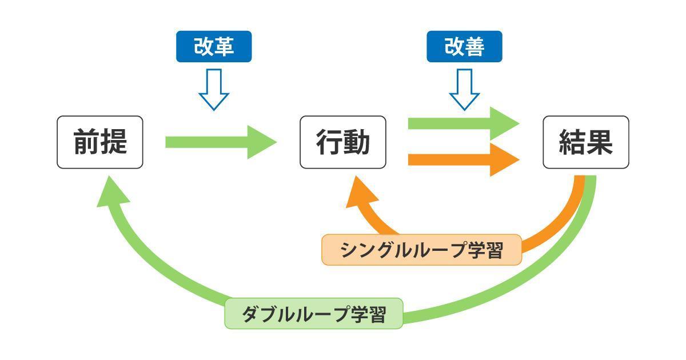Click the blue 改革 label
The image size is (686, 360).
click(x=213, y=46)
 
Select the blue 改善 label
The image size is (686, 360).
click(x=464, y=46)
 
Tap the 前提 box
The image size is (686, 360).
click(x=100, y=142)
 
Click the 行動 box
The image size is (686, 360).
click(x=343, y=142)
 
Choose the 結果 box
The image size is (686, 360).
click(x=585, y=142)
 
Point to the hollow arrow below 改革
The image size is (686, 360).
click(x=213, y=89)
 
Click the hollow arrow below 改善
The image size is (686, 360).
click(x=464, y=89)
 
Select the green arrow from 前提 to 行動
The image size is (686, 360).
click(x=220, y=142)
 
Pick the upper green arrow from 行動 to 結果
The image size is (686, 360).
click(x=463, y=123)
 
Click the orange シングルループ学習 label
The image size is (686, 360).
click(x=422, y=250)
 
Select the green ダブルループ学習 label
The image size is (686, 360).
click(x=314, y=314)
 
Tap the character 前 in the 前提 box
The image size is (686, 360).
click(x=86, y=142)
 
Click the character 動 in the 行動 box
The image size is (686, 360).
click(x=357, y=142)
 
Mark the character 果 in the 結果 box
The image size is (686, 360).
click(x=600, y=142)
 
